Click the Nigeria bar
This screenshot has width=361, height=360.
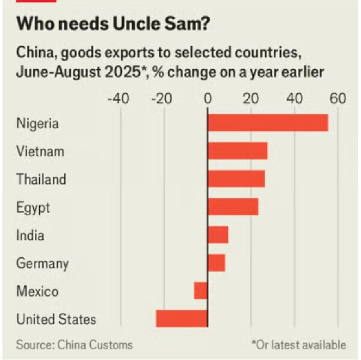tap(268, 123)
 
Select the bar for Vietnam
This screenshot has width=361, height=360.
tap(237, 151)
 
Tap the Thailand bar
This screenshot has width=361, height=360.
tap(236, 178)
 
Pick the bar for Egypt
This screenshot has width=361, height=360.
tap(233, 207)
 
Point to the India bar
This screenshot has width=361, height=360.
tap(218, 234)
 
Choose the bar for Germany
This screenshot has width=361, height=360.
tap(216, 263)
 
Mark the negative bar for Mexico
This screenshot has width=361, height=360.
tap(201, 291)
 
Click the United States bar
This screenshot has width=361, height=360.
tap(182, 319)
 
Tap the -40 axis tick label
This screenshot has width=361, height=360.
tap(117, 98)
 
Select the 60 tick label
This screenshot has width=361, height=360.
tap(338, 98)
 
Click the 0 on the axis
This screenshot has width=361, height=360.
tap(208, 98)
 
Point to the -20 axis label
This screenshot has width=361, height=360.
tap(161, 98)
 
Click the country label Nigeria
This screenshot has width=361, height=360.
tap(38, 124)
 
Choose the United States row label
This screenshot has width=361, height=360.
tap(56, 319)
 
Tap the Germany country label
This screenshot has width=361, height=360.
tap(42, 263)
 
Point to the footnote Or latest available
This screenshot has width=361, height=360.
tap(298, 345)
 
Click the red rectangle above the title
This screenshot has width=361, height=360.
tap(36, 1)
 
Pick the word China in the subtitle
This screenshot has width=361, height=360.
tap(33, 52)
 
